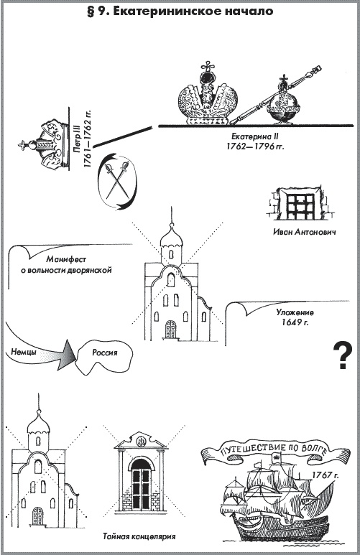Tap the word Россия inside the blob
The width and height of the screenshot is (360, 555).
pos(104,353)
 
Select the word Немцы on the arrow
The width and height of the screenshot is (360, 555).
pos(24,352)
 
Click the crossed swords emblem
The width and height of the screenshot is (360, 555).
pos(117,181)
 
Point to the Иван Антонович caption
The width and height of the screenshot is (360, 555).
pos(305,232)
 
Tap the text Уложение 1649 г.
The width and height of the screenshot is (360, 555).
pos(295,317)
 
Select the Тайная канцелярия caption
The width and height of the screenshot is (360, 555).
pos(139,536)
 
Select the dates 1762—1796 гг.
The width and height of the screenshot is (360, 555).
pos(255,146)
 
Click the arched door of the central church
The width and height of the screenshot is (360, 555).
pos(170,329)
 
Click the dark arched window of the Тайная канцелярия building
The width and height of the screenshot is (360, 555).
pos(141,483)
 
